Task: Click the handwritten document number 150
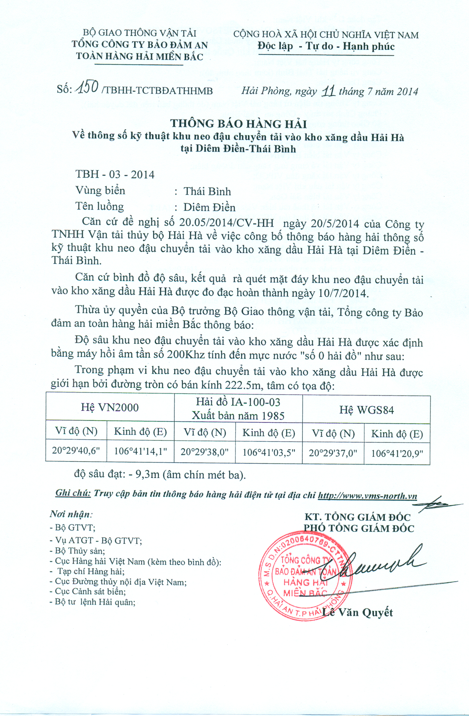coord(87,87)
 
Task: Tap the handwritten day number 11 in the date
coord(328,91)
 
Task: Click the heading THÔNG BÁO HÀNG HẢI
coord(238,124)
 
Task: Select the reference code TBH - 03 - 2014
coord(115,174)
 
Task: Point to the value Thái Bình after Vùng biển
coord(207,191)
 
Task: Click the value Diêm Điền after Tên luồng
coord(209,207)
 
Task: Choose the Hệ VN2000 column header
coord(110,407)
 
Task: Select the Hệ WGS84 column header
coord(366,410)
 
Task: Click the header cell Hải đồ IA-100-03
coord(238,402)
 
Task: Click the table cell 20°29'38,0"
coord(204,452)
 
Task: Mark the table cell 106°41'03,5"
coord(269,452)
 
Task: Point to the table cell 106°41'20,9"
coord(397,453)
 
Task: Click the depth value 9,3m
coord(147,474)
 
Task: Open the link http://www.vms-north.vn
coord(367,496)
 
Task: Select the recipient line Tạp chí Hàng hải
coord(91,571)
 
